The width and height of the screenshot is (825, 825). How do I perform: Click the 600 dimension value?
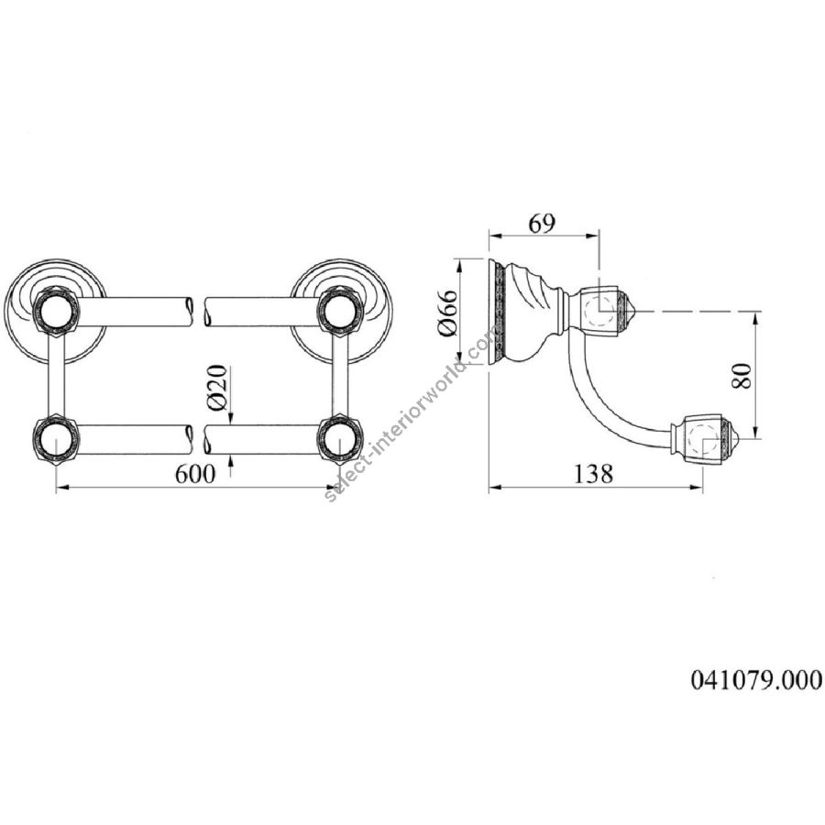(x=195, y=474)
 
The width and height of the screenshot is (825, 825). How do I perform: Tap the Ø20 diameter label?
(x=217, y=388)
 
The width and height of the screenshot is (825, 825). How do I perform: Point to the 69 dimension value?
(x=542, y=225)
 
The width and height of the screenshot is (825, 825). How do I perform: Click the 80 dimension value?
(x=742, y=375)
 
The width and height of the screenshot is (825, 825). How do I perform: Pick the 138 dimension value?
(x=592, y=474)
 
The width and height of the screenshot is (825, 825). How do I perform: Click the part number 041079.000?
(x=756, y=679)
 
